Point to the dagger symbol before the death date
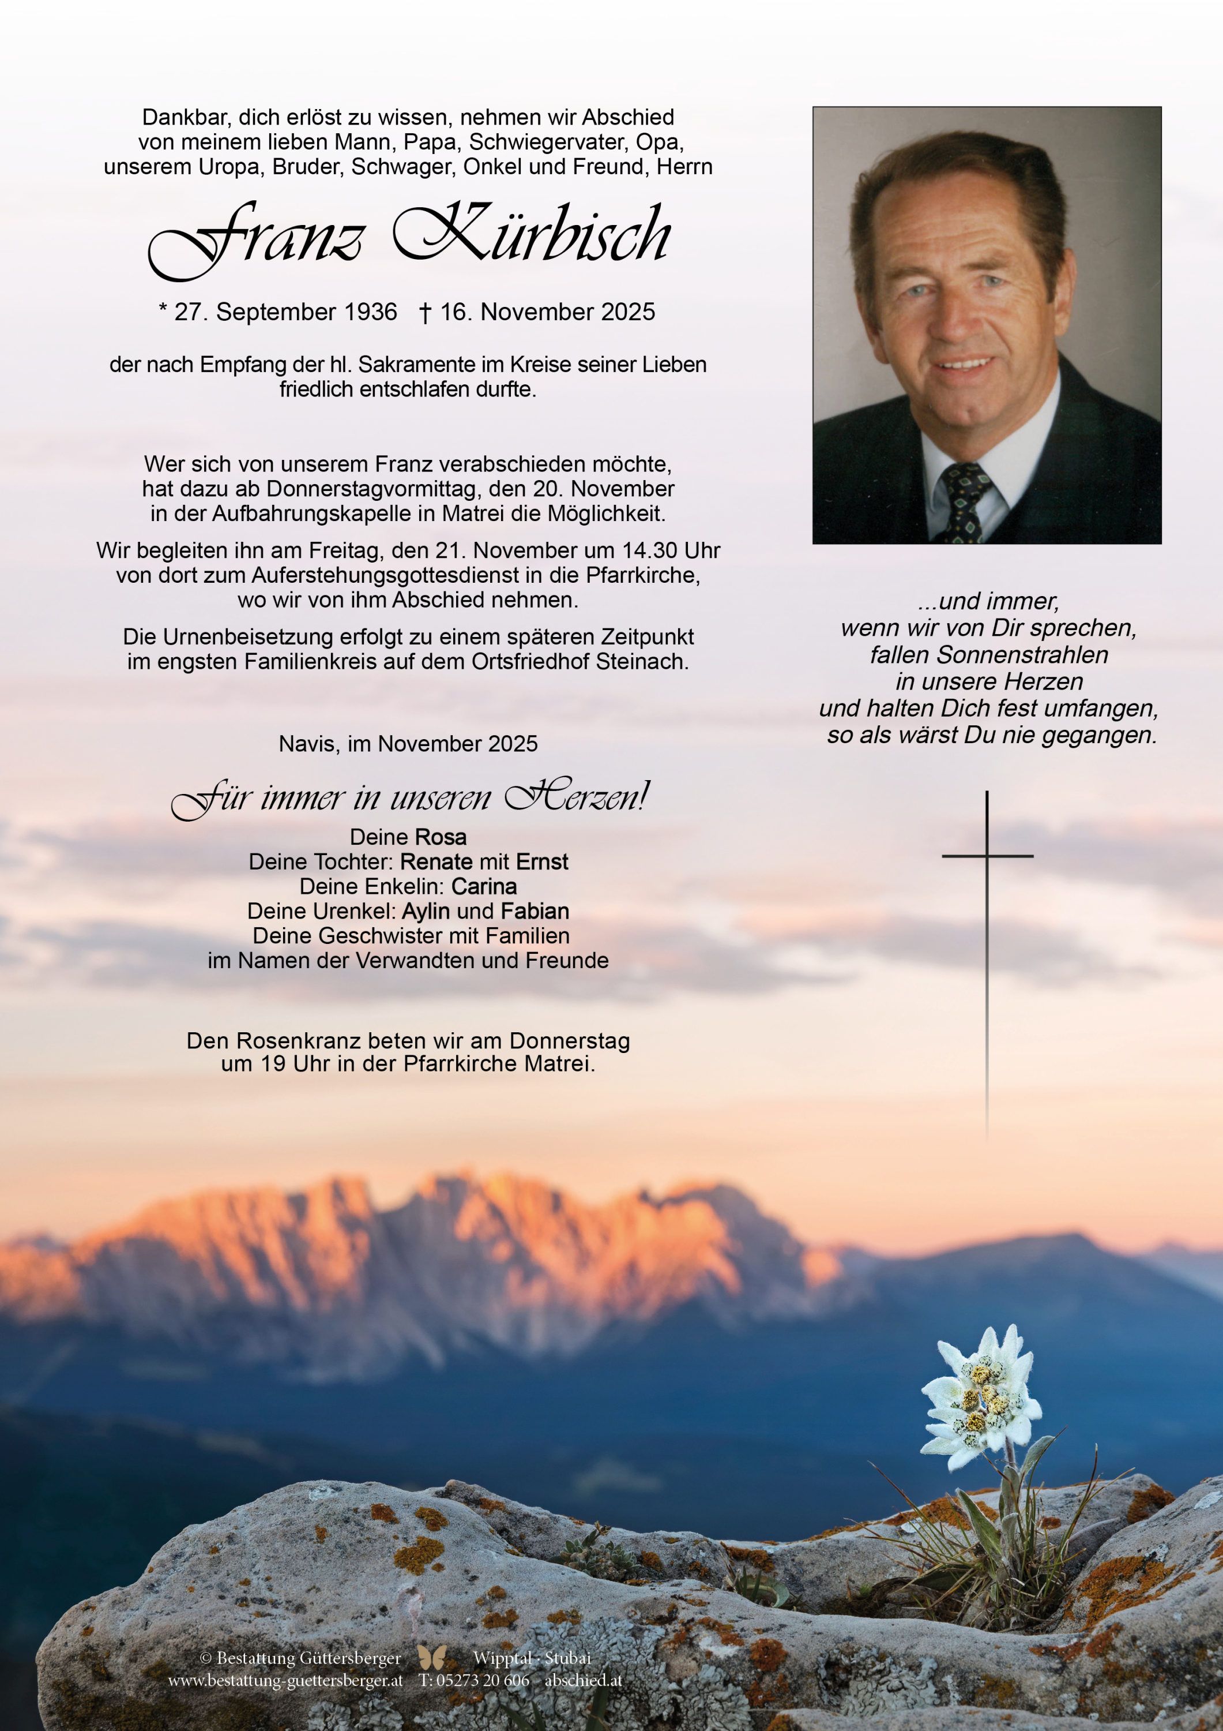click(425, 313)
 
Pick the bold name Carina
click(484, 887)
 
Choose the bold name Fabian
click(535, 912)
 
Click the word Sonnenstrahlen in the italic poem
click(989, 654)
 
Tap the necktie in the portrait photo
click(963, 501)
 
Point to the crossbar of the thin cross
click(987, 856)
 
